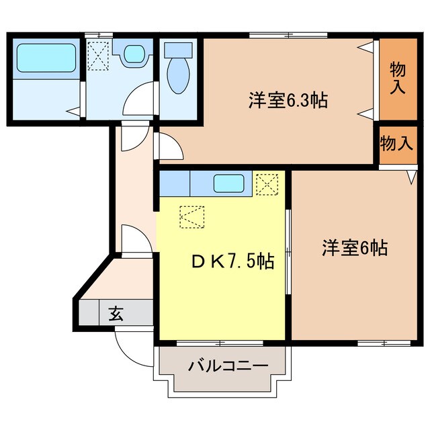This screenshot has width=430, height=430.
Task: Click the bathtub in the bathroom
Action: coord(46,58)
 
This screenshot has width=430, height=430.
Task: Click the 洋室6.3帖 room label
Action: coord(288,101)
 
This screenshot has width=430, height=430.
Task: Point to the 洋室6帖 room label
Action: coord(354,248)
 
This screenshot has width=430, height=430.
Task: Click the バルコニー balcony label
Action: coord(228,366)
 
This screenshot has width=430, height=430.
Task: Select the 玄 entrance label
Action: coord(116,313)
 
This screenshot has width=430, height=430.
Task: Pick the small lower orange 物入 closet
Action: coord(396,143)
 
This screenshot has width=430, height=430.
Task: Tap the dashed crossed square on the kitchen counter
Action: coord(266,183)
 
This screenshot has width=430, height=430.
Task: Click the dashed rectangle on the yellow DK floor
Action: coord(193,217)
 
